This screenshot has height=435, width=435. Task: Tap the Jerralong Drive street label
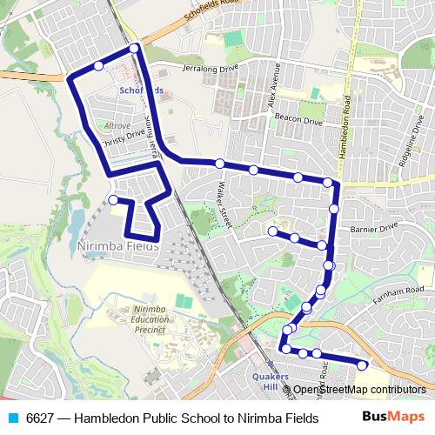coord(209,67)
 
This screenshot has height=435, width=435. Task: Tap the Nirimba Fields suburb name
coord(119,246)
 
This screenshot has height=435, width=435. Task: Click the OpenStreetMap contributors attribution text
coord(358,389)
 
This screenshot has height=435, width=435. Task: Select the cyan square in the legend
coord(12,418)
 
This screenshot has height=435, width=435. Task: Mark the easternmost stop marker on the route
coord(362,365)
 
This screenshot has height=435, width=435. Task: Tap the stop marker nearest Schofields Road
coord(134,47)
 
